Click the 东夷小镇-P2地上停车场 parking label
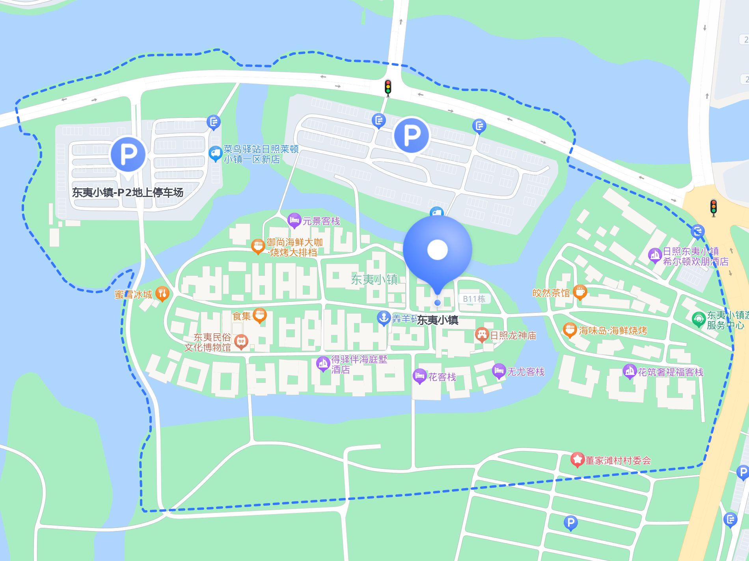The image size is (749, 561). tap(127, 192)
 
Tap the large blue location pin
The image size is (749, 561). tap(438, 249)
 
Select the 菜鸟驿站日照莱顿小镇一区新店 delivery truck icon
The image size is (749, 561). tap(215, 154)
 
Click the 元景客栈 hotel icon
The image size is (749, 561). tap(294, 220)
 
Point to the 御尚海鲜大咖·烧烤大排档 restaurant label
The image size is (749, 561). tap(295, 247)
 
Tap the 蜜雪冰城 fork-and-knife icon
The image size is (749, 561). tap(162, 294)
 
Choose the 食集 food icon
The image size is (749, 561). tap(259, 315)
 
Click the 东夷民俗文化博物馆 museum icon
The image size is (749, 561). tap(241, 342)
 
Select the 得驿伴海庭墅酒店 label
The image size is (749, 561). tap(359, 364)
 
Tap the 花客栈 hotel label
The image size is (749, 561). tap(442, 377)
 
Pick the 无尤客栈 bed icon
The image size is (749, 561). tap(499, 371)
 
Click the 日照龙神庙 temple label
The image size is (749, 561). tap(513, 335)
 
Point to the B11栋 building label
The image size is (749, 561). tap(474, 299)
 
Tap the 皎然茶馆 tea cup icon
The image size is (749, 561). tap(579, 292)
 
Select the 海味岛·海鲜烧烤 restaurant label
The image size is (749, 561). tap(613, 331)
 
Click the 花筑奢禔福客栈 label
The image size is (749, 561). tap(670, 372)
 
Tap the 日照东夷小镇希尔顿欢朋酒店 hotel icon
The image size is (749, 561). tap(655, 255)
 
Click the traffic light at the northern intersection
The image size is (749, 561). tap(388, 87)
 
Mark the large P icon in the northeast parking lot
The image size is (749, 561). tap(411, 136)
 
